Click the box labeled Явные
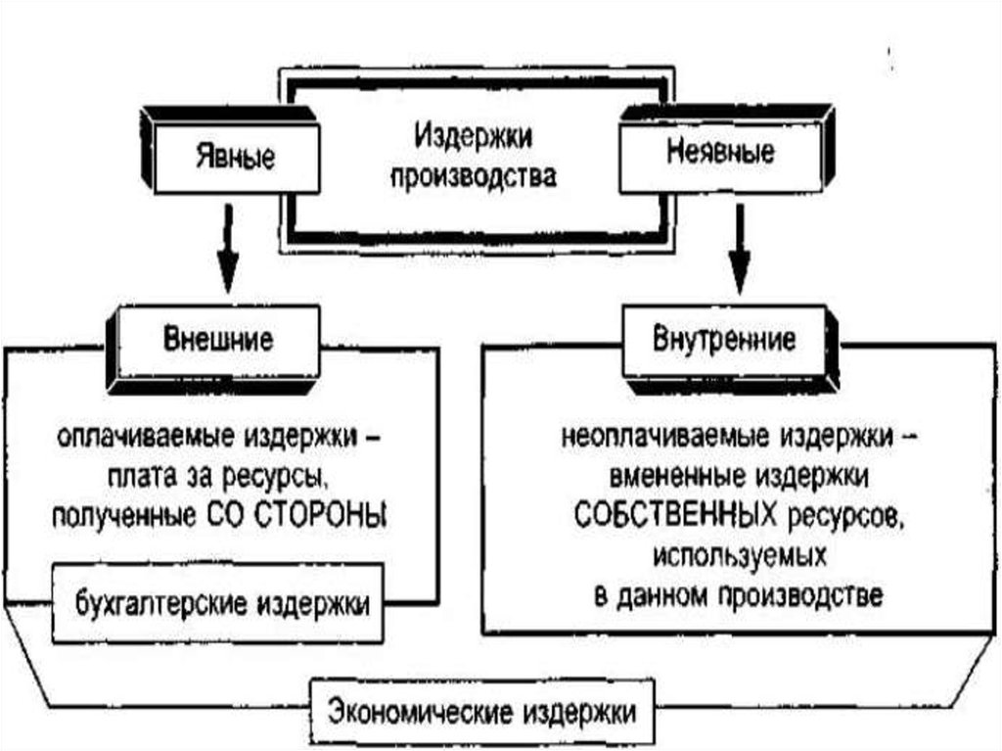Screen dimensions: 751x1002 tap(235, 157)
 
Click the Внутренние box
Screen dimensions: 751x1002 tap(723, 342)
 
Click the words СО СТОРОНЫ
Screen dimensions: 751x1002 tap(325, 514)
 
